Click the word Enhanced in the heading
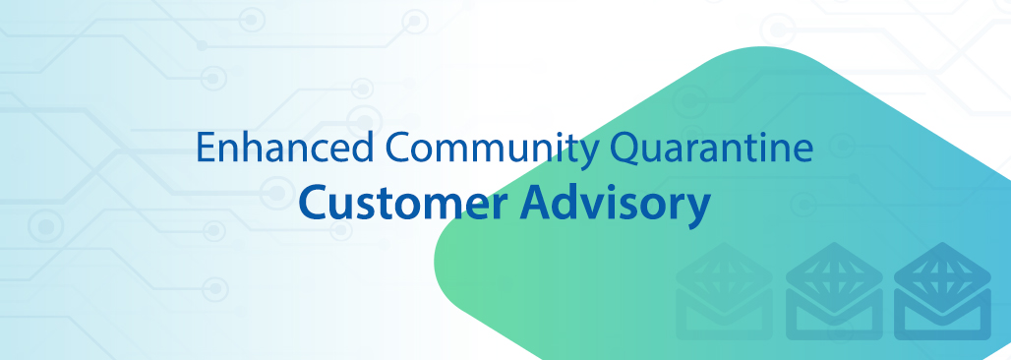click(284, 148)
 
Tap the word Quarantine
click(712, 148)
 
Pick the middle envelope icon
click(834, 291)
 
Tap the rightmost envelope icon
click(943, 291)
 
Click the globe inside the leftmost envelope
click(724, 271)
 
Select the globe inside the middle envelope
click(834, 271)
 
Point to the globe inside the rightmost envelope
click(943, 271)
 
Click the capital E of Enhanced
click(205, 148)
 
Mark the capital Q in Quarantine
click(624, 150)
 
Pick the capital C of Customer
click(312, 203)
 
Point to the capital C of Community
click(398, 148)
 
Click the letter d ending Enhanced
click(363, 148)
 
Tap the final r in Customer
click(501, 208)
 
